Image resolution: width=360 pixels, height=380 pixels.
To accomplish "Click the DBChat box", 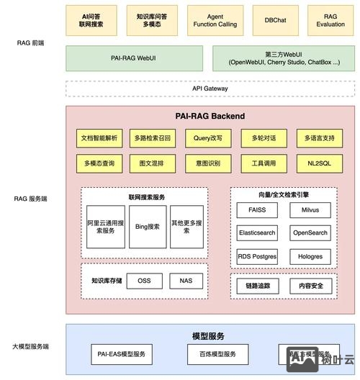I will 275,20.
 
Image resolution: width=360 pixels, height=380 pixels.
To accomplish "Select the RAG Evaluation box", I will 330,20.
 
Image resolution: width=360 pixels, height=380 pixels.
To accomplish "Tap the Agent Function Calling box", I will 215,20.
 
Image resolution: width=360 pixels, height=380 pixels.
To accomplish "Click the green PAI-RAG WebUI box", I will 135,58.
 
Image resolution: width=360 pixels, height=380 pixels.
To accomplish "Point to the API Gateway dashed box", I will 210,89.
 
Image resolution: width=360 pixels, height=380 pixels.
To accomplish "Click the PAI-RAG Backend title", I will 210,116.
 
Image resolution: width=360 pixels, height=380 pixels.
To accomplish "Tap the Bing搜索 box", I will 146,227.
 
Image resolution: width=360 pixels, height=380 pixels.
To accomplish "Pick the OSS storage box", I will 144,281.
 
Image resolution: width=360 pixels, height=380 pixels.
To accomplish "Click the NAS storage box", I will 186,281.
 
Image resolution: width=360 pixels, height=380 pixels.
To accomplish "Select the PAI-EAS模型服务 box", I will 122,354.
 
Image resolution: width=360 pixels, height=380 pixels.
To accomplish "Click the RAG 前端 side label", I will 31,43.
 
